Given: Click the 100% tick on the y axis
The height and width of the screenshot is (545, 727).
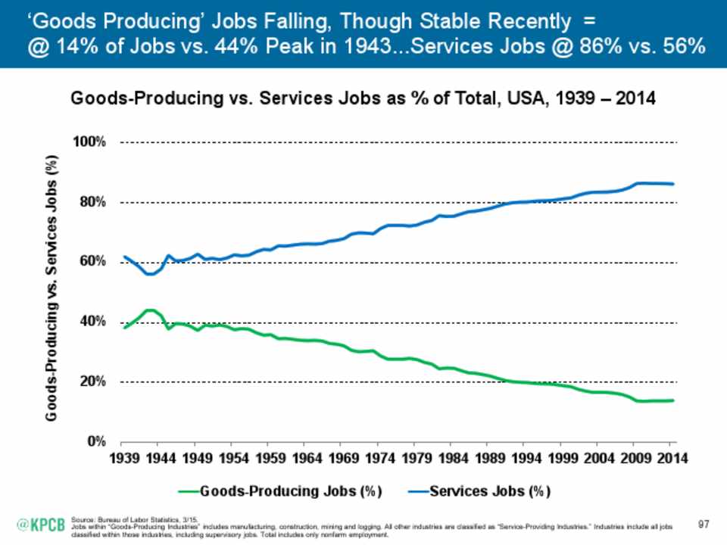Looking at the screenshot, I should tap(93, 142).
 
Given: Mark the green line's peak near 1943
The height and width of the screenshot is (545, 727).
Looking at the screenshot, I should tap(150, 310).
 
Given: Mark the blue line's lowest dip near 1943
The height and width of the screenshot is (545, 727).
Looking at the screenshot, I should tap(150, 274).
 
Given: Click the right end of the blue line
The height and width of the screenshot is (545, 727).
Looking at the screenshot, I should tap(673, 184).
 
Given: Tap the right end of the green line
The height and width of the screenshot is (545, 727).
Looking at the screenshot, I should tap(673, 400).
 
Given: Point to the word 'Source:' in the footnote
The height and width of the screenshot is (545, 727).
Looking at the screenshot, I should tap(82, 519).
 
